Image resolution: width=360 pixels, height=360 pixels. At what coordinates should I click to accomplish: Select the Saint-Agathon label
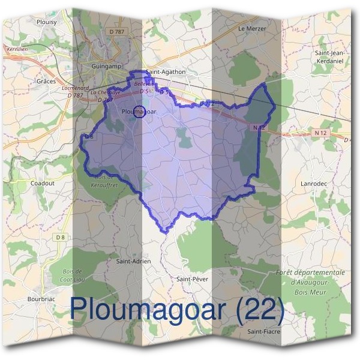166,71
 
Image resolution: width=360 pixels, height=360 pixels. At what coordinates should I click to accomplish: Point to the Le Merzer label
251,28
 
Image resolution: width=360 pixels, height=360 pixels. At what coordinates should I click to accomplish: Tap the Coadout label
42,183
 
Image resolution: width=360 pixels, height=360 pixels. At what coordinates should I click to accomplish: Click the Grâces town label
46,81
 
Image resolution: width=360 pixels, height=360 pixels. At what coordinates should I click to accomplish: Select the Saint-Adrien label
133,261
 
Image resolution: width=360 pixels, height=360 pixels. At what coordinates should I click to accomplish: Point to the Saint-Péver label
192,279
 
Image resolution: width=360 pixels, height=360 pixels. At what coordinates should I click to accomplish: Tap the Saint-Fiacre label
264,331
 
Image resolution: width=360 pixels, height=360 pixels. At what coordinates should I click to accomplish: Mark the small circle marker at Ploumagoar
139,111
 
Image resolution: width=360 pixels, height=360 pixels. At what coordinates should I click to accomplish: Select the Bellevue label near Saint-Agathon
143,84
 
